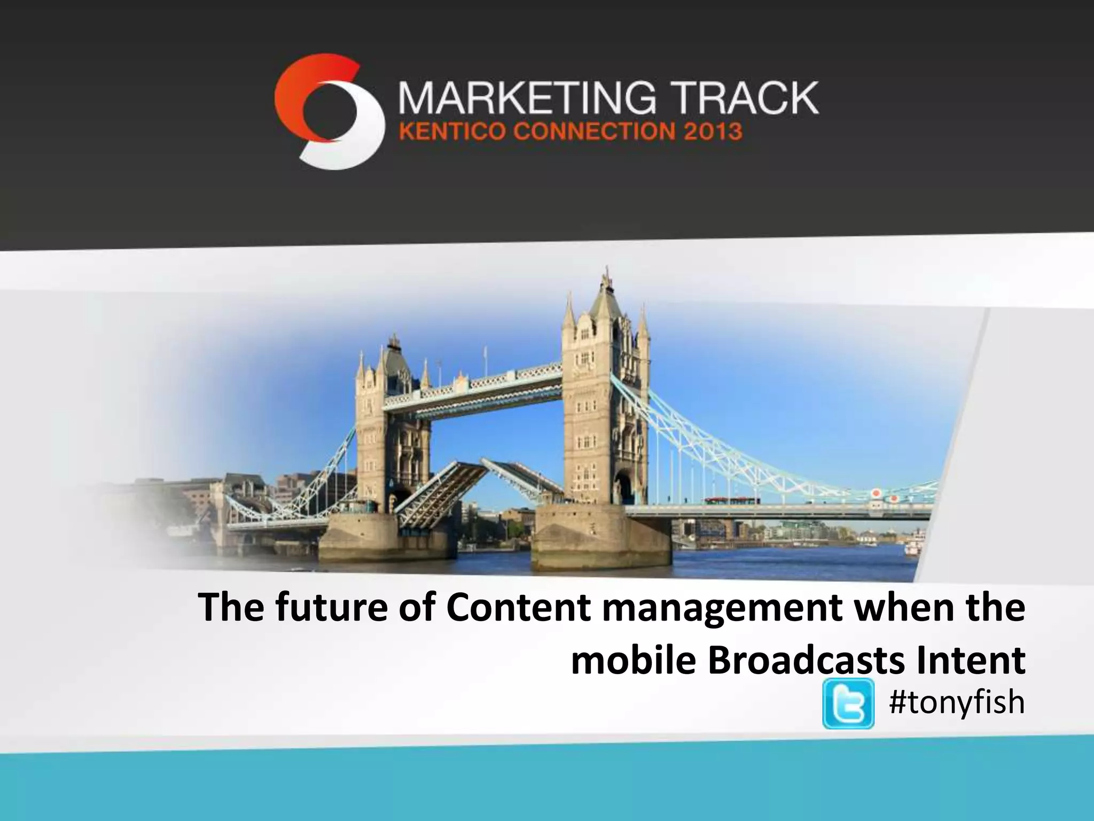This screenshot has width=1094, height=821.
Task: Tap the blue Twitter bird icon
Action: coord(848,703)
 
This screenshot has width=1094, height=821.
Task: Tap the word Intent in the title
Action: coord(970,661)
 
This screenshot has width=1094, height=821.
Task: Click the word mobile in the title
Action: coord(634,661)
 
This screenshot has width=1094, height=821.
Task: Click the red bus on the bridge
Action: coord(732,501)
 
